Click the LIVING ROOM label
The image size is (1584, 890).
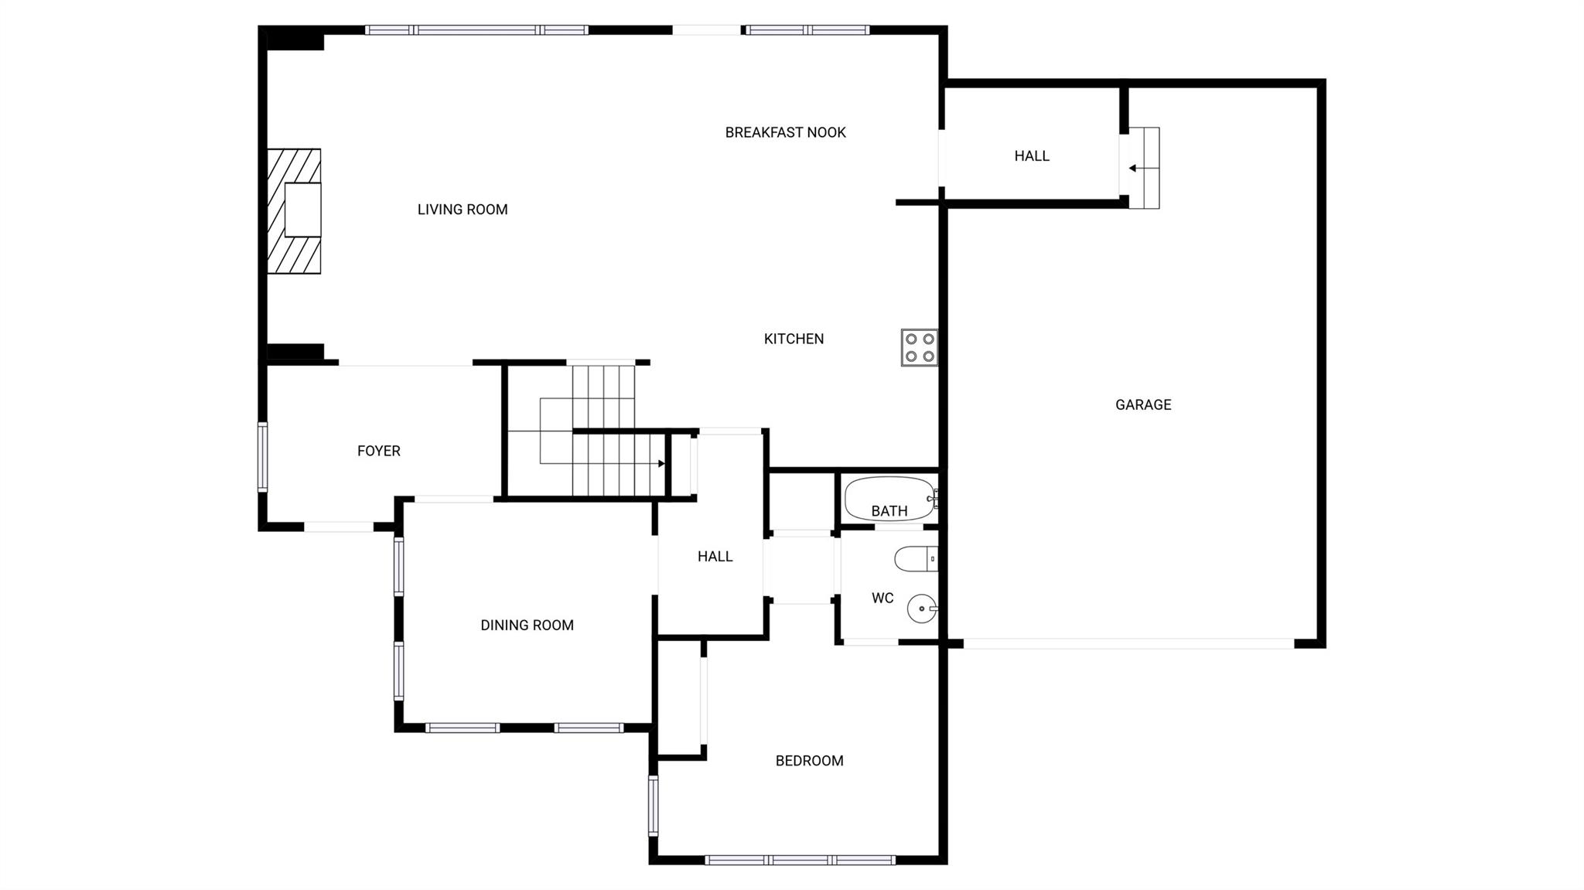(x=463, y=210)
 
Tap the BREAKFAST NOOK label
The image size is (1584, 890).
(x=785, y=133)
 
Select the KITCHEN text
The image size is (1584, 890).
(x=794, y=339)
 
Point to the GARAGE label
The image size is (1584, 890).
(x=1142, y=404)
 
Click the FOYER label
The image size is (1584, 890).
(x=378, y=451)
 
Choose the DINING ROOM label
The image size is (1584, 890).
(x=527, y=626)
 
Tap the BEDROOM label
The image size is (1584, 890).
(x=809, y=761)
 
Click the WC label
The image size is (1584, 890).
(x=882, y=598)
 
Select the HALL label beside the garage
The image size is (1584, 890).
(x=1032, y=156)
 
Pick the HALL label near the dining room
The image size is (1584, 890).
(x=715, y=557)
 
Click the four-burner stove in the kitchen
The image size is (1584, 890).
(x=919, y=347)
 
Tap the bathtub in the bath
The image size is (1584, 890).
(x=889, y=499)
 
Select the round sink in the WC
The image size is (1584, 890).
(x=921, y=609)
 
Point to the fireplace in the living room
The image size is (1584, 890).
(x=295, y=211)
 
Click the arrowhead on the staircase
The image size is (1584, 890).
(x=661, y=464)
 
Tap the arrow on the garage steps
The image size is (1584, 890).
(x=1133, y=168)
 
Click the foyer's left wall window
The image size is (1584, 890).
(x=263, y=457)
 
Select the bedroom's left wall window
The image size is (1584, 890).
(x=654, y=806)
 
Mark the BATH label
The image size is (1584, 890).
(x=889, y=511)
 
